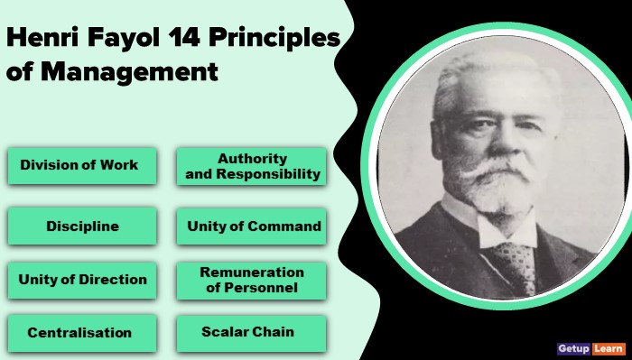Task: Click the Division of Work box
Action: [x=79, y=165]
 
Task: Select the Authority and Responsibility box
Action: [x=250, y=166]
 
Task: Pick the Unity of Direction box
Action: [x=80, y=280]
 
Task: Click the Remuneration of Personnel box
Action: [x=251, y=280]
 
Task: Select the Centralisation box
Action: [x=79, y=332]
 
